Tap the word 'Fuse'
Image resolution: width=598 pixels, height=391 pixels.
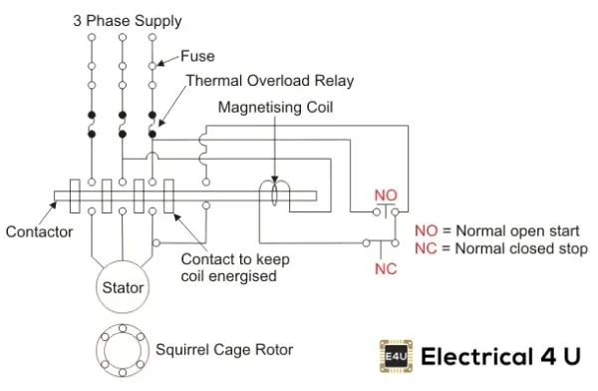pyautogui.click(x=196, y=57)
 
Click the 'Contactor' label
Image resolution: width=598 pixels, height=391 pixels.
pyautogui.click(x=39, y=231)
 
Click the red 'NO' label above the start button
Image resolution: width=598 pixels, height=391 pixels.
pyautogui.click(x=385, y=194)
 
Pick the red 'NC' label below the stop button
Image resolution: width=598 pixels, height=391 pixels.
pyautogui.click(x=385, y=268)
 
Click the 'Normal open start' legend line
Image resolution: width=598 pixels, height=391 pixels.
pyautogui.click(x=495, y=230)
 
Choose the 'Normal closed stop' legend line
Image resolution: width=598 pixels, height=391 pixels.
pyautogui.click(x=500, y=248)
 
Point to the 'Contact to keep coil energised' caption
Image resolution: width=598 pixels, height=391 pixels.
pyautogui.click(x=234, y=267)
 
